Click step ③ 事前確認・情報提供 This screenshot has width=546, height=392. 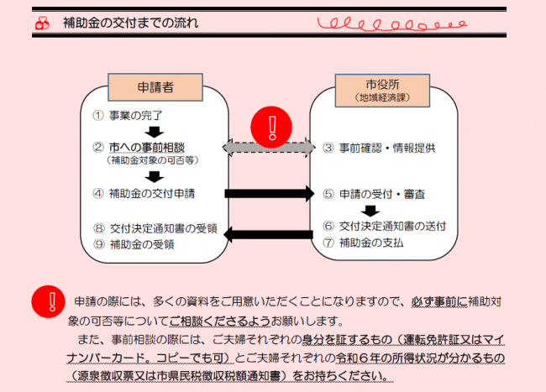point(377,148)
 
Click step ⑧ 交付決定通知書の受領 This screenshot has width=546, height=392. point(155,227)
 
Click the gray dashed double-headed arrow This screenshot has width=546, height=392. point(268,148)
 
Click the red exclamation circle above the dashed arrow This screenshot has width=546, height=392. point(270,127)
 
